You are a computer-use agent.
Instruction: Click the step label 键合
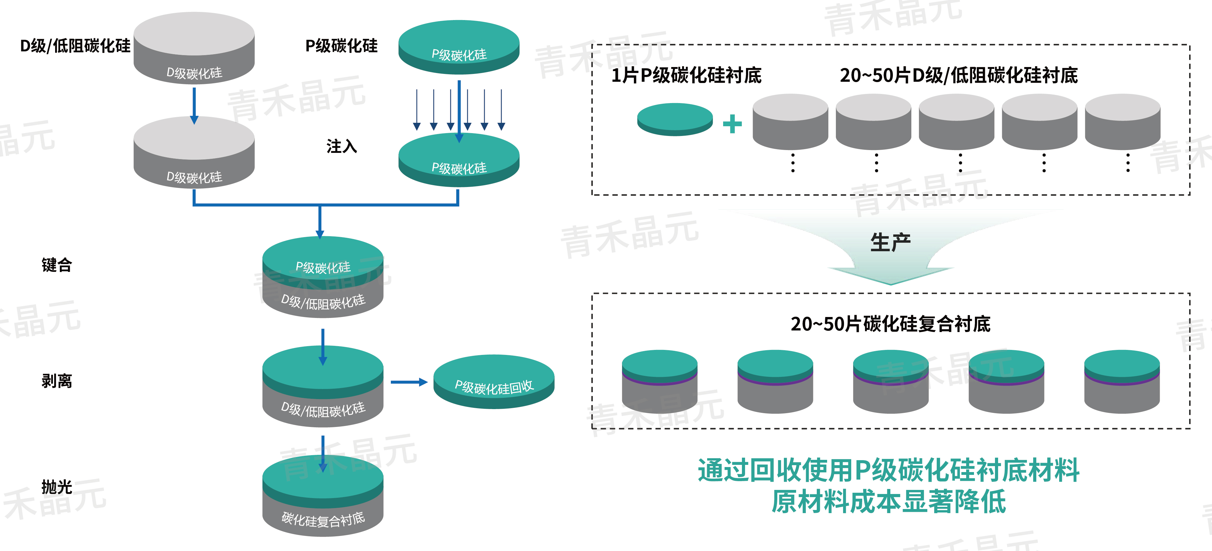point(56,265)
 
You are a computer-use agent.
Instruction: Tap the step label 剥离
point(56,381)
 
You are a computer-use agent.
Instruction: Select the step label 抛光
point(56,487)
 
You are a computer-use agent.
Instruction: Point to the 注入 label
point(342,146)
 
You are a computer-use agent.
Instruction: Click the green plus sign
point(732,124)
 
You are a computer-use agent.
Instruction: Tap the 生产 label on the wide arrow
point(890,243)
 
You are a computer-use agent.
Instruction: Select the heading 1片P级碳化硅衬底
point(686,75)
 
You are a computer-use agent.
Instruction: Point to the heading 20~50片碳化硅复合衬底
point(890,324)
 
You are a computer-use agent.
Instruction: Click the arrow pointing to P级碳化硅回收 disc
point(408,382)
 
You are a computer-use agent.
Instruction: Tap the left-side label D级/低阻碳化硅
point(75,46)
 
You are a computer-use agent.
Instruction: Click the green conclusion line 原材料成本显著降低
point(888,502)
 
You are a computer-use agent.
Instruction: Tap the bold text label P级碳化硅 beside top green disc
point(342,46)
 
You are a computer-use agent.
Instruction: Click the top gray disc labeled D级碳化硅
point(194,47)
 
